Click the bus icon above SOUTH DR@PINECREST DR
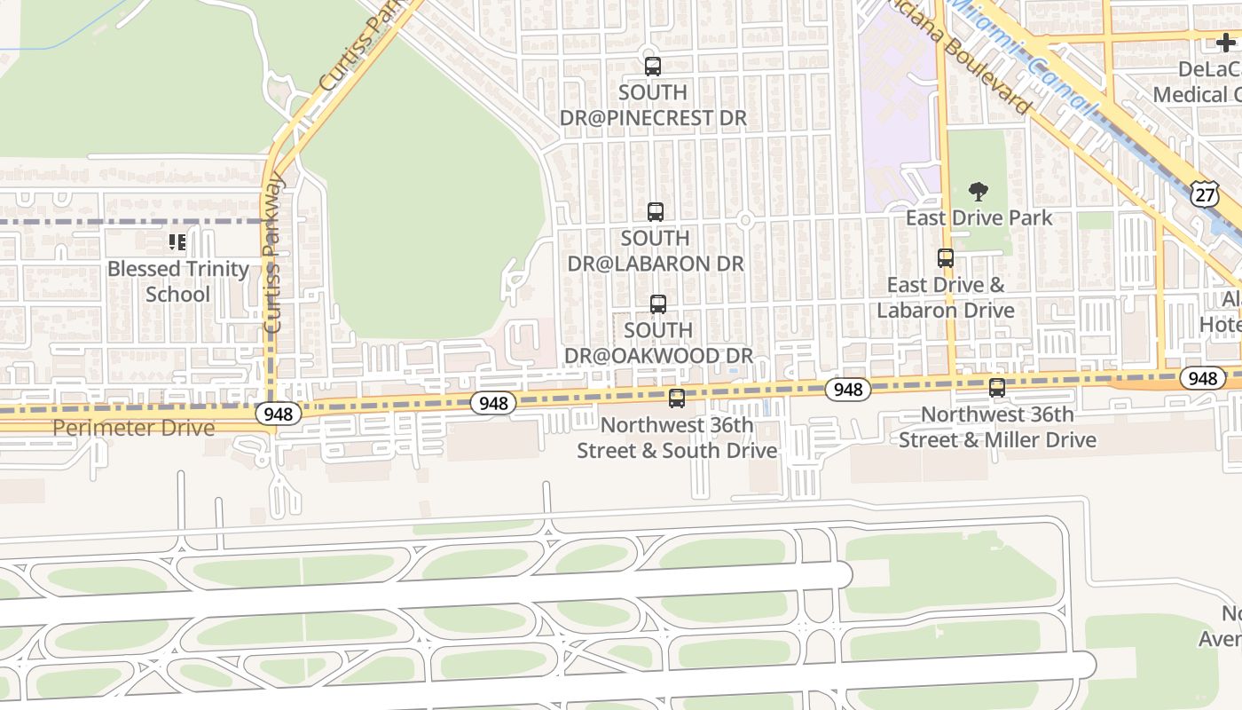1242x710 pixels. tap(653, 66)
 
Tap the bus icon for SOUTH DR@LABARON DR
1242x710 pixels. tap(656, 211)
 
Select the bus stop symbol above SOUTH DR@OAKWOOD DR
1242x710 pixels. tap(657, 304)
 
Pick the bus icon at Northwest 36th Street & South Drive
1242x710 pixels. tap(677, 398)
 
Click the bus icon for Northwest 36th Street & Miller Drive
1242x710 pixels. tap(997, 388)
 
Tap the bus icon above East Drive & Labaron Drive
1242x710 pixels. tap(946, 258)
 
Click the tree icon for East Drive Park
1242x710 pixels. tap(979, 192)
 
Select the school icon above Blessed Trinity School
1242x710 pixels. tap(177, 242)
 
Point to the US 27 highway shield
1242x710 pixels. tap(1204, 195)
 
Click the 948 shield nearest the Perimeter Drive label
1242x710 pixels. tap(279, 414)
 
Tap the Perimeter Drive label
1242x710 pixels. tap(133, 428)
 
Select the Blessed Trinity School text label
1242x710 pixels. tap(177, 281)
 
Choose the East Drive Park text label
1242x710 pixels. tap(979, 217)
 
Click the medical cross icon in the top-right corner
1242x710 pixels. tap(1225, 43)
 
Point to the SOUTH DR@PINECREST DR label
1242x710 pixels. tap(653, 105)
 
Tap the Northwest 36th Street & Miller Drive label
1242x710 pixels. tap(997, 427)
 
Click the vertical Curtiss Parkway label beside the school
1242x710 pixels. tap(274, 253)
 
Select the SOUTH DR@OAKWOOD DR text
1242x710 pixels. tap(658, 343)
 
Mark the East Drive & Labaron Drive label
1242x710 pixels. tap(946, 297)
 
